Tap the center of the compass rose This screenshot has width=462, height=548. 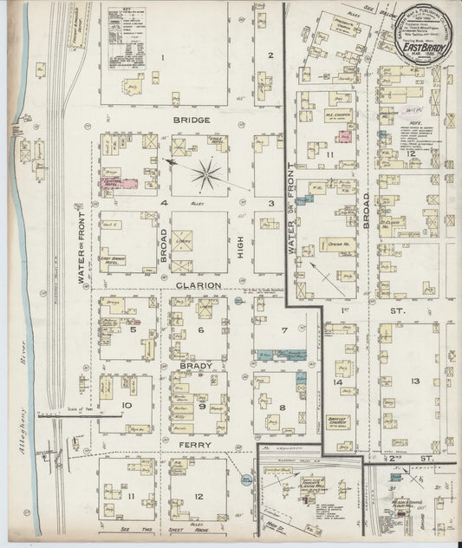point(208,173)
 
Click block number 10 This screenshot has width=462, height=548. point(126,405)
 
